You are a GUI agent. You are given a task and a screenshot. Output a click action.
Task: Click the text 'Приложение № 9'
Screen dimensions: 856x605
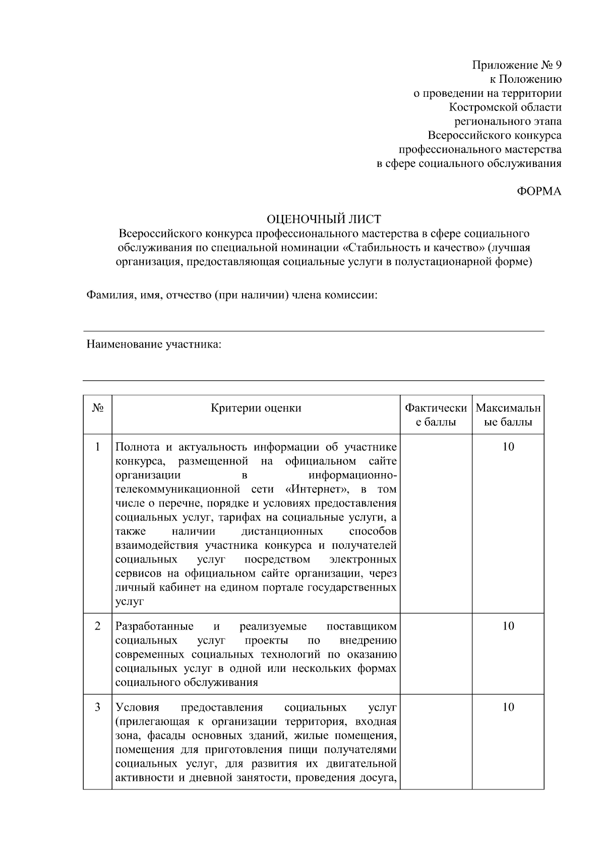coord(516,65)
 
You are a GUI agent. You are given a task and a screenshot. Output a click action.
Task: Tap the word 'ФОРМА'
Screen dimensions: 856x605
coord(539,192)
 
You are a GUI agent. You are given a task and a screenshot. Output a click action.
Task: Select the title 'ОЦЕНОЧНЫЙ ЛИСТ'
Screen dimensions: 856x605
coord(324,219)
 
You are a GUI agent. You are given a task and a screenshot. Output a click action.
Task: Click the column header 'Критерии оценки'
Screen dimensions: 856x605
coord(256,408)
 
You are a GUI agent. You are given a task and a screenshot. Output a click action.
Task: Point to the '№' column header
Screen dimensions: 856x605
coord(97,408)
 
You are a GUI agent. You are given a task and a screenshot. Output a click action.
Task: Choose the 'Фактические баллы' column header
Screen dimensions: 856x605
coord(436,415)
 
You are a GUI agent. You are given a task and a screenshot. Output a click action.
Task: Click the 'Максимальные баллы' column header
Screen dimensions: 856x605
coord(508,415)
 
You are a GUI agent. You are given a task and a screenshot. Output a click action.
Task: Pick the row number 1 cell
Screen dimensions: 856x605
coord(97,447)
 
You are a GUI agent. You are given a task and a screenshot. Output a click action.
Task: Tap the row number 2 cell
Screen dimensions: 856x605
coord(97,626)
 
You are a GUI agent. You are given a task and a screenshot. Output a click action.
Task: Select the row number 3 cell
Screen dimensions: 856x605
coord(97,707)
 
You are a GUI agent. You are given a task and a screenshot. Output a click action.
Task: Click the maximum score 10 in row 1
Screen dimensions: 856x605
coord(508,447)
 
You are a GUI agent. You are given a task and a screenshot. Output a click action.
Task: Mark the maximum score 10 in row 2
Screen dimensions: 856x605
coord(508,626)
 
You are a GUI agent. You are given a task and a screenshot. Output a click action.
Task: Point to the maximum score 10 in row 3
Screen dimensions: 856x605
coord(508,707)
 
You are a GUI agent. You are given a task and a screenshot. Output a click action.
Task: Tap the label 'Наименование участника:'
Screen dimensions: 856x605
coord(154,345)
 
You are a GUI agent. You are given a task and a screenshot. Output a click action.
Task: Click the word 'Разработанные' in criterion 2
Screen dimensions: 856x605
coord(154,626)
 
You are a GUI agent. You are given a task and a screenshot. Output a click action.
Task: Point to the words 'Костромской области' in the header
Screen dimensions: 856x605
coord(505,107)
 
